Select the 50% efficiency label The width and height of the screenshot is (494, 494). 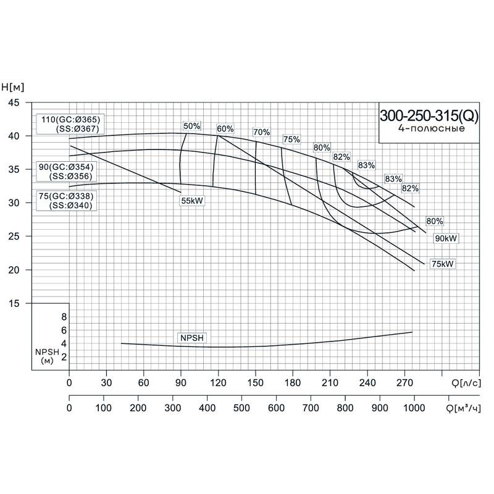click(x=192, y=126)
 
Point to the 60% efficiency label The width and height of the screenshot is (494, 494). click(x=225, y=129)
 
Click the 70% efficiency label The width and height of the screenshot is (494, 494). click(x=261, y=132)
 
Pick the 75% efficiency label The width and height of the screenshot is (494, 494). click(x=291, y=140)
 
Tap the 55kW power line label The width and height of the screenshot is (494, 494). click(x=192, y=201)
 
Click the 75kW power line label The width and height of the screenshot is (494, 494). click(x=443, y=264)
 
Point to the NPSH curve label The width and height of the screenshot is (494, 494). click(x=191, y=338)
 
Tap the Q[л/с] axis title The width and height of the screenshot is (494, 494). click(x=465, y=383)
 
